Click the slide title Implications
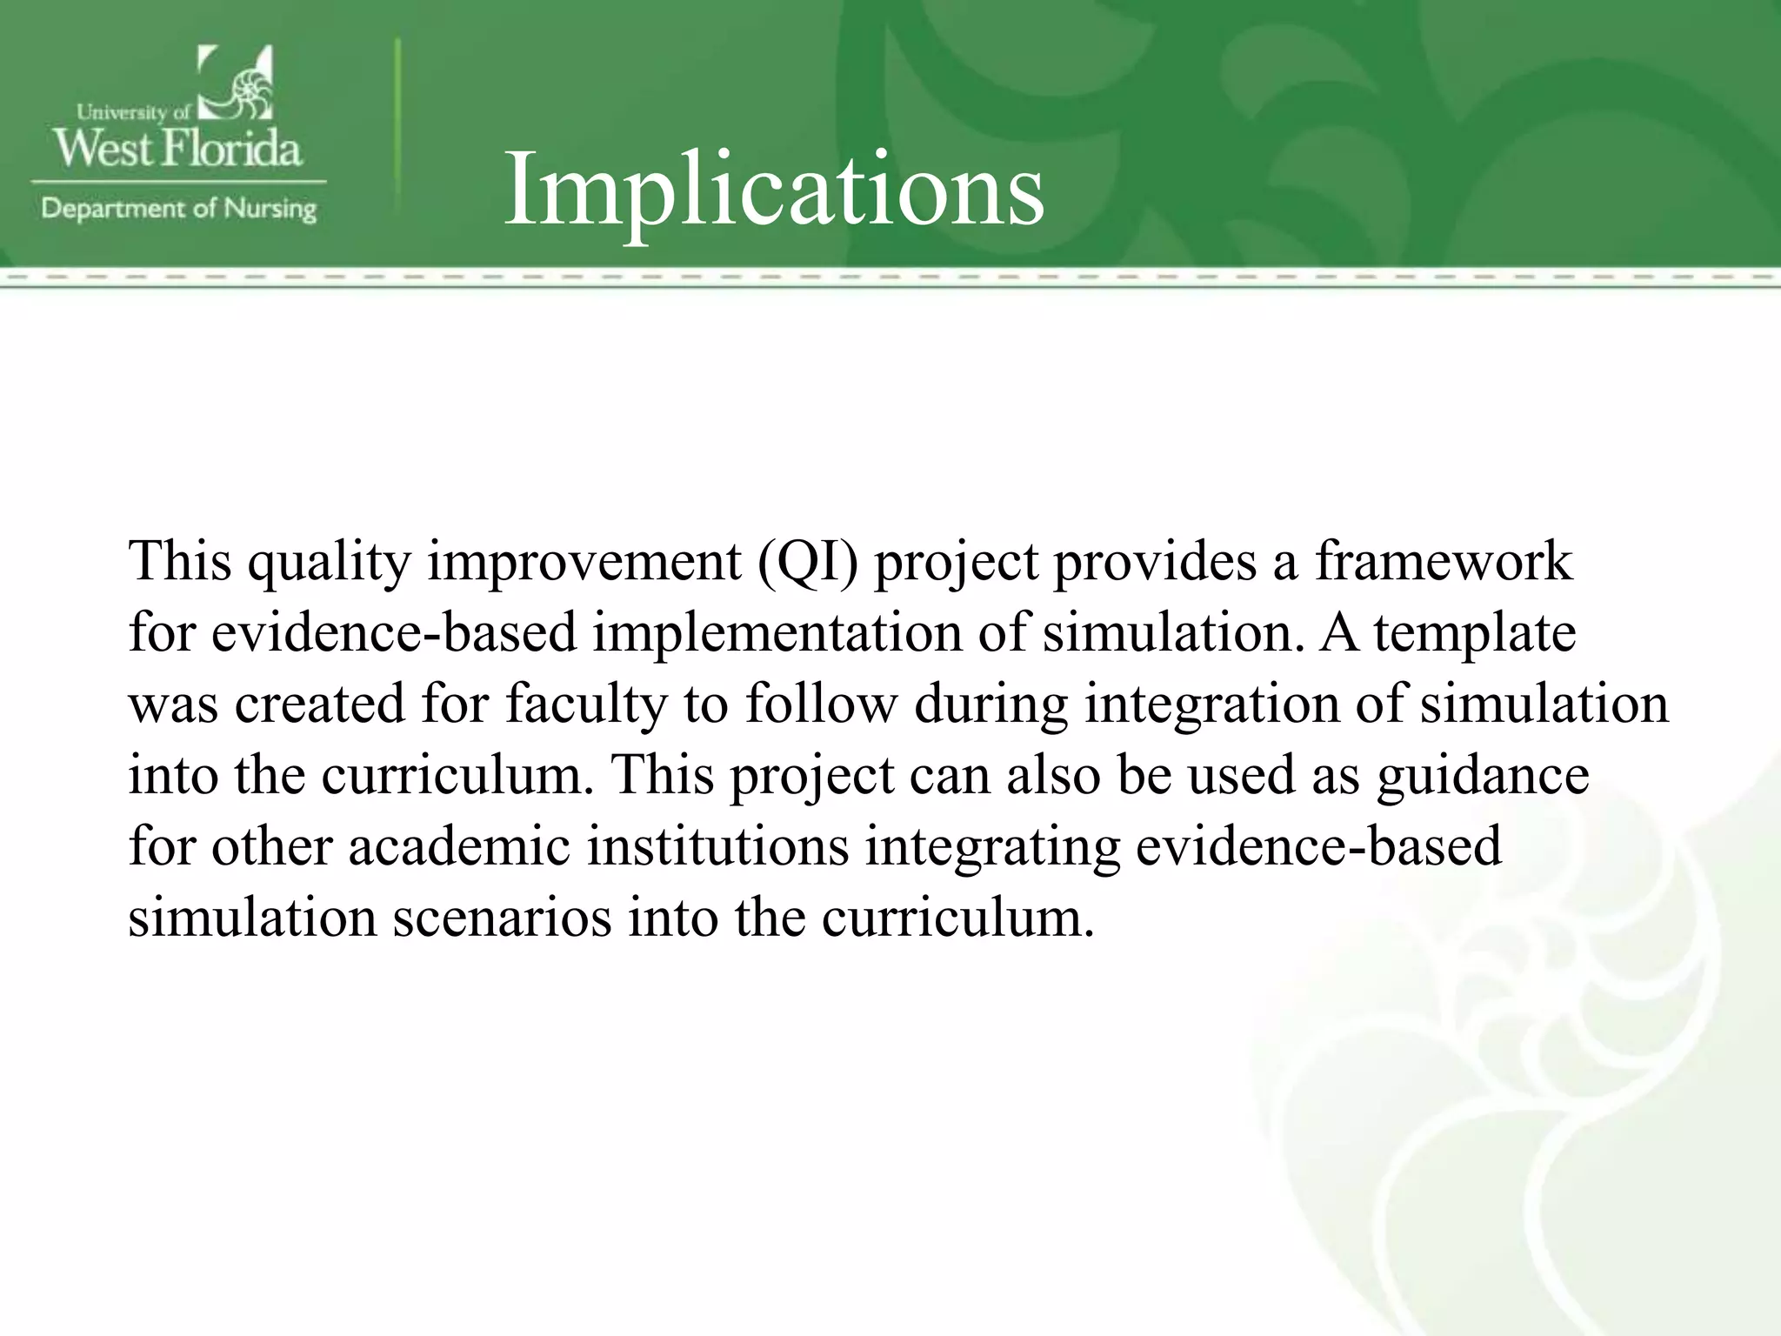tap(773, 190)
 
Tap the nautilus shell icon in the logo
tap(237, 84)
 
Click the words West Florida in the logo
tap(178, 147)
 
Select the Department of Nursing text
tap(178, 209)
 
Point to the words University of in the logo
tap(133, 112)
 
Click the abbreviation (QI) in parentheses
tap(807, 561)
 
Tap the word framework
tap(1444, 561)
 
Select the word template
tap(1475, 632)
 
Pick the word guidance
tap(1484, 775)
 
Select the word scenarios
tap(503, 917)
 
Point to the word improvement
tap(584, 561)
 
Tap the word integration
tap(1211, 704)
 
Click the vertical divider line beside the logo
tap(398, 126)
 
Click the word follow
tap(821, 704)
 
